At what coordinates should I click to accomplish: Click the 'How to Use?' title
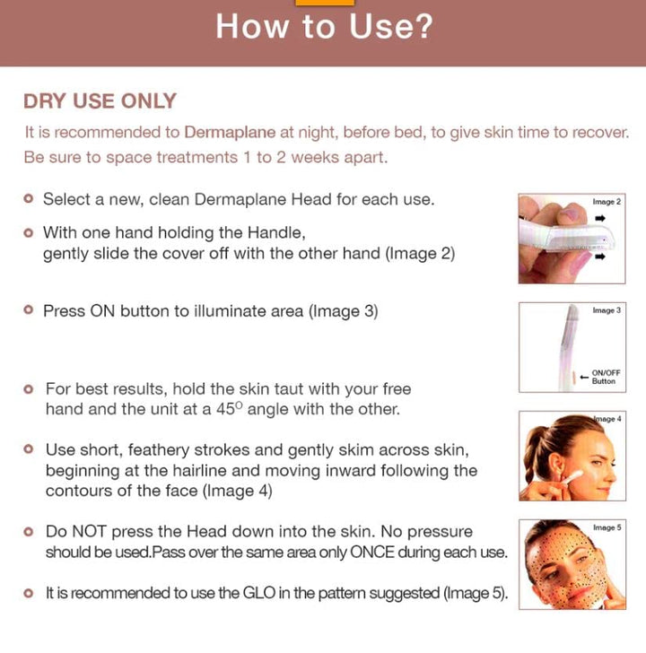(323, 26)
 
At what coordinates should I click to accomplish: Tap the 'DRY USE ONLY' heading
(100, 101)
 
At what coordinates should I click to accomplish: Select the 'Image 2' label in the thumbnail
(607, 203)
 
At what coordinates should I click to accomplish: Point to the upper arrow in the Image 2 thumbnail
(600, 218)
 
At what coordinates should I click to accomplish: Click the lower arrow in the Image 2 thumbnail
(600, 257)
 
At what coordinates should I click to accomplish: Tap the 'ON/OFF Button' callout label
(606, 377)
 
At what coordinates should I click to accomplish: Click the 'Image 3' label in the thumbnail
(607, 310)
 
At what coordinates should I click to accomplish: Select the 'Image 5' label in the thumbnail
(607, 528)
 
